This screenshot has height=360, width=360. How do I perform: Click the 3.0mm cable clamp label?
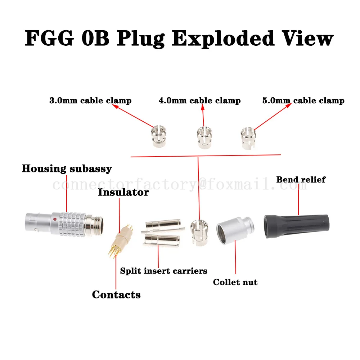coord(90,100)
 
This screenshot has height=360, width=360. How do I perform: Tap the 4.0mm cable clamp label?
coord(199,100)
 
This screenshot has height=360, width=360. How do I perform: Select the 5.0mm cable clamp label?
coord(303,100)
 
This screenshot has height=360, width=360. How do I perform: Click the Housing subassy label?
coord(67,168)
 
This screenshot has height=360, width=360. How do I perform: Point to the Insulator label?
coord(123,192)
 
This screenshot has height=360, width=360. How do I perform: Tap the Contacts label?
coord(116,294)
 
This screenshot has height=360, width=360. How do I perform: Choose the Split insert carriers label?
coord(163,271)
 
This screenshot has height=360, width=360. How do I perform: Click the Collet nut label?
coord(235,282)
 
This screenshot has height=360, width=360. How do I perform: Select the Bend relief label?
coord(301,179)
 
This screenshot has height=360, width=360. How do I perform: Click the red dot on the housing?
coord(54,219)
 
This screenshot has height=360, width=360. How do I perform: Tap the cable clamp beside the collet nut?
coord(198,233)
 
